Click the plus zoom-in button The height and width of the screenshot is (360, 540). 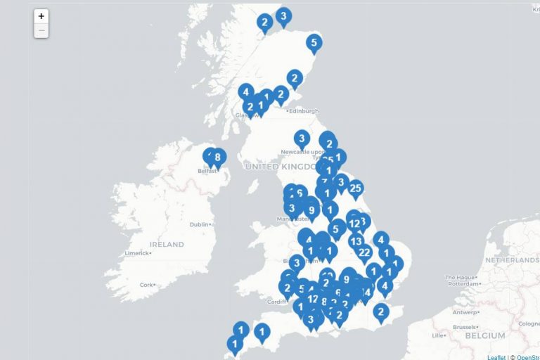41,16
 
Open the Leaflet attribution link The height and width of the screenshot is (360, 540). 496,357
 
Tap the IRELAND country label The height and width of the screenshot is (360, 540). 167,245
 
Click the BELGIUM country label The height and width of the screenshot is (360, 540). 485,336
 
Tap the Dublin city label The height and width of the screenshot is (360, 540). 200,224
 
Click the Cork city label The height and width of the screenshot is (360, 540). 146,285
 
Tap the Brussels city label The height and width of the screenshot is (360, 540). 464,327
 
